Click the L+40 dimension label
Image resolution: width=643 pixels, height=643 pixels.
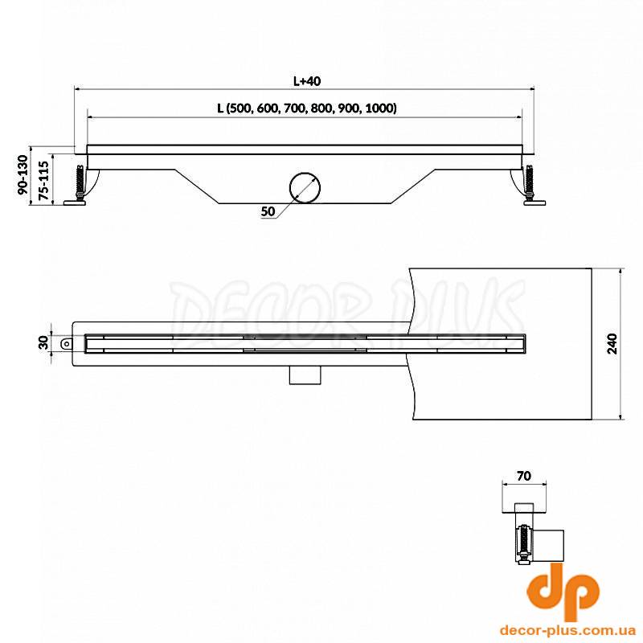307,81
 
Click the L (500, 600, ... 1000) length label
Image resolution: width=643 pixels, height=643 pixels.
307,109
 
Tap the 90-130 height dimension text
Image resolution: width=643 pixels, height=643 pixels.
23,174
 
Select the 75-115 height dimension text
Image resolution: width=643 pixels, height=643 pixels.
43,180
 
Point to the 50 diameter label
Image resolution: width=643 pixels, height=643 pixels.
268,211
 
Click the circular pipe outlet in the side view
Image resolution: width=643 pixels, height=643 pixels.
305,188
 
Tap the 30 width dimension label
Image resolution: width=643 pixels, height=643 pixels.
43,342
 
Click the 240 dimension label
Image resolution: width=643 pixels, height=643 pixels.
612,344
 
